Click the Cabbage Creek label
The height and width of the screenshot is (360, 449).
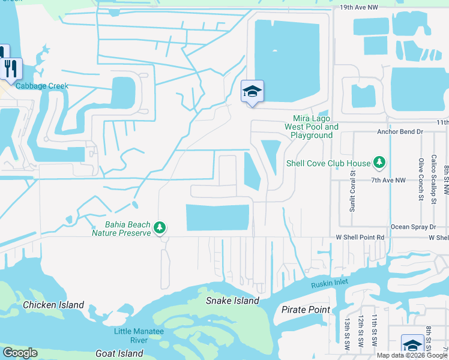[42, 86]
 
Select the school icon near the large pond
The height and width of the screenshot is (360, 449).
[252, 92]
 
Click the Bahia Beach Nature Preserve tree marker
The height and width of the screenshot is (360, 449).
[160, 227]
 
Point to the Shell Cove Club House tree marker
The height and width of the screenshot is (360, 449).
[379, 162]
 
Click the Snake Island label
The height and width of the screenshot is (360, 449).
[232, 301]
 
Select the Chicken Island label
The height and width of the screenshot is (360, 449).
[53, 305]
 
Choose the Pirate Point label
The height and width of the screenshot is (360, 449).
[306, 310]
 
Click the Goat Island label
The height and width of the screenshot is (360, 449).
[119, 353]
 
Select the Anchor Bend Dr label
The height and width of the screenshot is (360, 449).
[400, 131]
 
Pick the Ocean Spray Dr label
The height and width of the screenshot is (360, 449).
[413, 227]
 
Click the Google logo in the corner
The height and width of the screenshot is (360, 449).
[19, 353]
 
